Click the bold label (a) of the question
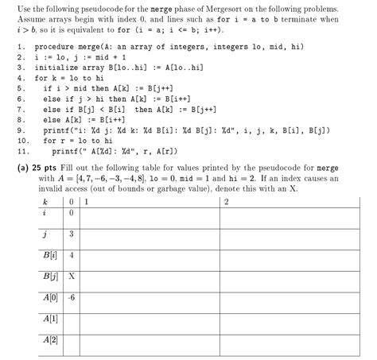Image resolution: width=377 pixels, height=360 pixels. (22, 168)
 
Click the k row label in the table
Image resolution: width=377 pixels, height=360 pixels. (45, 201)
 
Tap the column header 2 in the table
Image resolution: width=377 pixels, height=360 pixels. (227, 201)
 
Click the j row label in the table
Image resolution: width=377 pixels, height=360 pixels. (45, 234)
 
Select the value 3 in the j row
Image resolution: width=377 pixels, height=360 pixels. (72, 234)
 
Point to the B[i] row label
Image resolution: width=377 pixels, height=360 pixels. (49, 256)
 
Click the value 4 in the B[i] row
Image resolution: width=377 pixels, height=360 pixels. (72, 256)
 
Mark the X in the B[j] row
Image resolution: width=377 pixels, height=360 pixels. (72, 277)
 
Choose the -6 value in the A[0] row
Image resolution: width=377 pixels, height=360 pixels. (72, 300)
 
